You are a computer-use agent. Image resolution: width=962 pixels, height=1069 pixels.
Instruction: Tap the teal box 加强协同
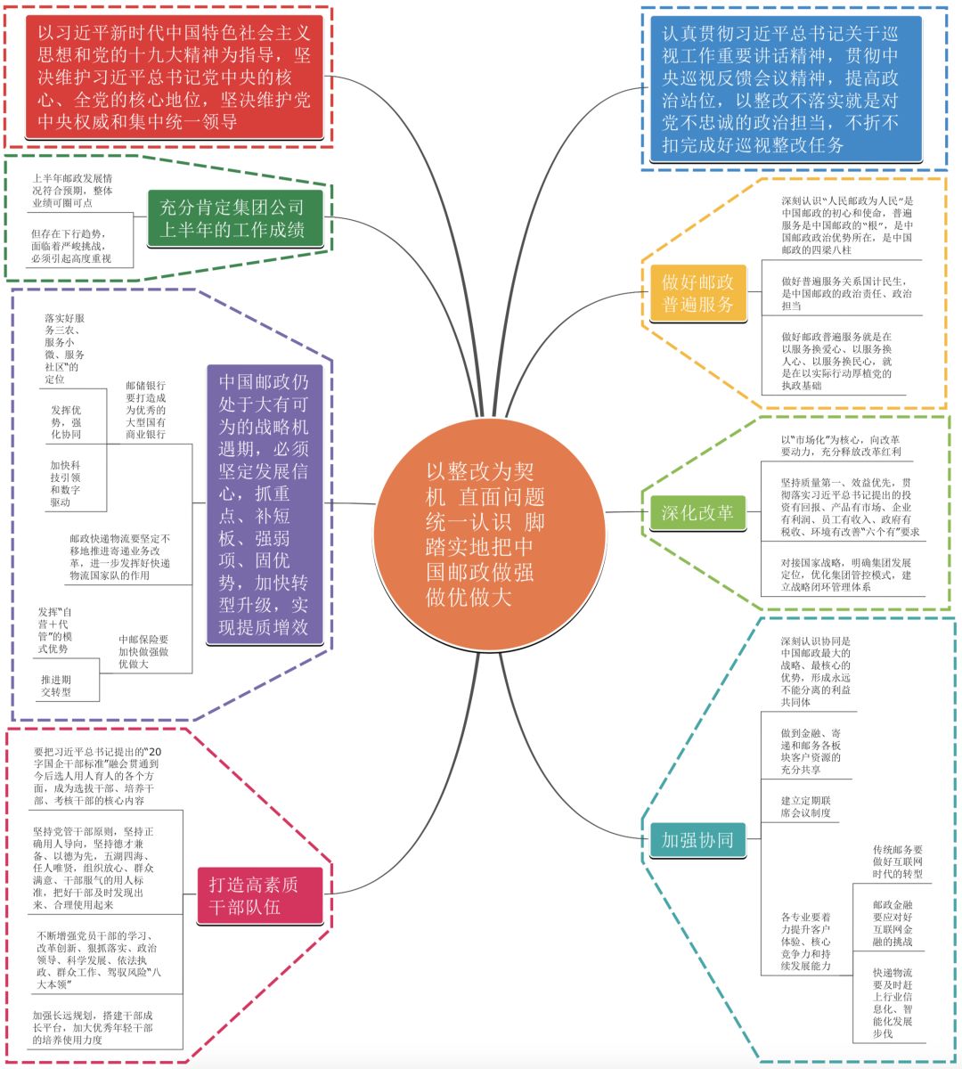click(x=697, y=839)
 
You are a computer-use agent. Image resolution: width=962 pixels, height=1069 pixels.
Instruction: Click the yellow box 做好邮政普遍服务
click(x=697, y=293)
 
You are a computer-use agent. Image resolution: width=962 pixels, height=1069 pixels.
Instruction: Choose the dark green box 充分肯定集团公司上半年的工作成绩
click(x=232, y=219)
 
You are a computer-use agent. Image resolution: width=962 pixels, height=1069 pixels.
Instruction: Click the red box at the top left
click(x=175, y=78)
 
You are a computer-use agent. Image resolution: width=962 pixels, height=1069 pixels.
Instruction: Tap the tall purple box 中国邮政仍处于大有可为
click(x=264, y=503)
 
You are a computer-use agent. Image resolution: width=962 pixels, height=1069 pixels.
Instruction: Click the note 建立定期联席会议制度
click(x=805, y=807)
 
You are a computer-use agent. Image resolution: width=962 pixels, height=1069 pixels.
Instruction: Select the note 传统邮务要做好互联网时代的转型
click(x=897, y=862)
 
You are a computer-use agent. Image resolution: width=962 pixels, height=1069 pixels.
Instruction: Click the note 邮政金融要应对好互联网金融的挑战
click(x=893, y=923)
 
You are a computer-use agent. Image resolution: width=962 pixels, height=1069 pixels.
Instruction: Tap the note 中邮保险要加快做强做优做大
click(x=143, y=652)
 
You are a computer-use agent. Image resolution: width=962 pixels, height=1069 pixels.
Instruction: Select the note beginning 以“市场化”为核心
click(x=840, y=445)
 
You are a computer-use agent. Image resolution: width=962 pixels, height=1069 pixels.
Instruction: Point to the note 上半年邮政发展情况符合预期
click(x=72, y=191)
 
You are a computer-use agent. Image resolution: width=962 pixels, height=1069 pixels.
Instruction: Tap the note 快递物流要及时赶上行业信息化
click(x=893, y=1002)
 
